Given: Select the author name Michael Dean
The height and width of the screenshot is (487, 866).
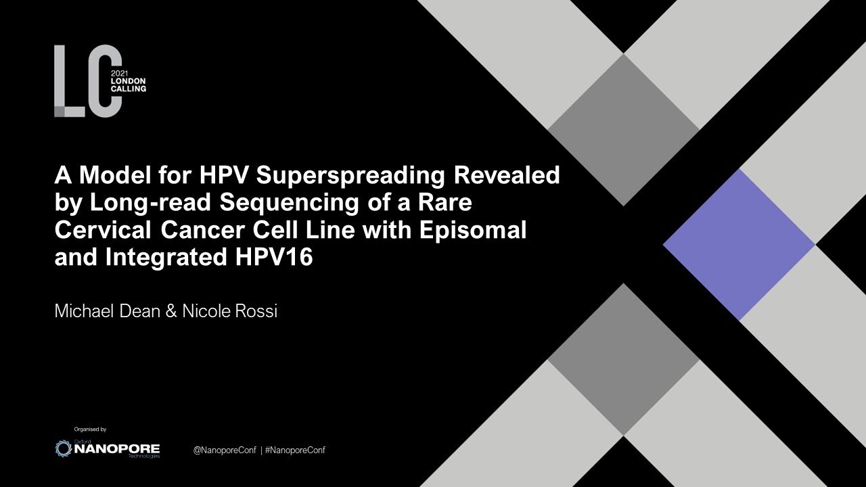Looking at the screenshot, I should (x=106, y=312).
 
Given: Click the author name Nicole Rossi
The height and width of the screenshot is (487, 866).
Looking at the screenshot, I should (x=230, y=312).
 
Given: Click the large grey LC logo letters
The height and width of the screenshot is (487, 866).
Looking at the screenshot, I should (x=88, y=81).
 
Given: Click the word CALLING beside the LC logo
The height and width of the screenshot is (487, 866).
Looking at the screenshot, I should (x=128, y=89).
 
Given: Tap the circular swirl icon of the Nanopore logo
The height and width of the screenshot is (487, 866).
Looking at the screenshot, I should (x=63, y=448).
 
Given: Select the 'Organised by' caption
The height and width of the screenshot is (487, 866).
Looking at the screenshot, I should (x=90, y=430).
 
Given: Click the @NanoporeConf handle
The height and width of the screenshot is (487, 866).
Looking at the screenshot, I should (x=225, y=450).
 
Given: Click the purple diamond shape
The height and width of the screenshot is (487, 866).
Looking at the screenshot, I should (x=739, y=245).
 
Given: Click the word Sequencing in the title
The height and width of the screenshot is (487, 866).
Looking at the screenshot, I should (x=269, y=203).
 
